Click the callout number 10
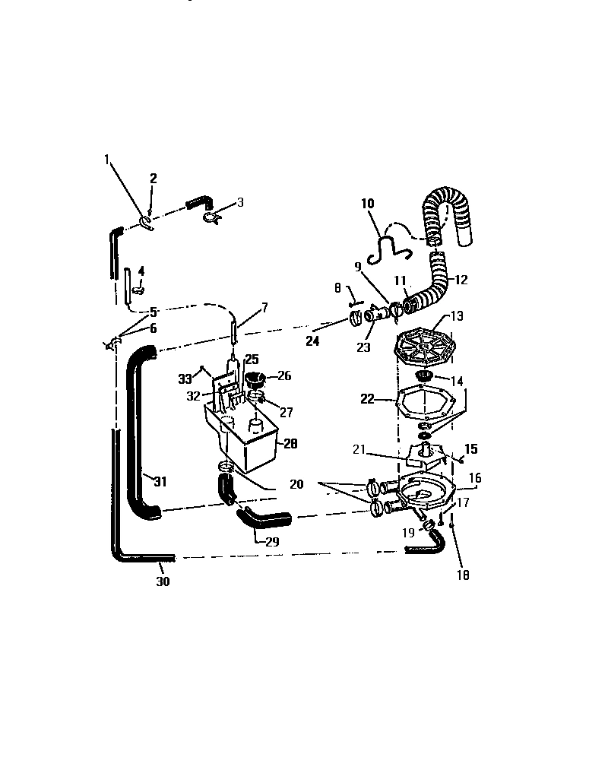[x=367, y=204]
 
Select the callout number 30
[x=163, y=581]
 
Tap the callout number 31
[x=160, y=481]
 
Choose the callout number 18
[x=463, y=575]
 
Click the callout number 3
[x=240, y=202]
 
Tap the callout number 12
[x=461, y=280]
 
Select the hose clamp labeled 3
[x=212, y=217]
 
